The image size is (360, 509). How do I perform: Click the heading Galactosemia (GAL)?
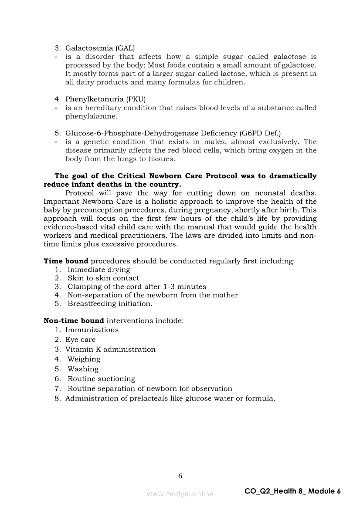(100, 48)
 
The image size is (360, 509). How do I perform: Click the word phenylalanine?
(91, 116)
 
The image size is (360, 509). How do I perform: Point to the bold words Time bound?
(66, 261)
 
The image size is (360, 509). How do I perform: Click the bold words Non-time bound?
(74, 321)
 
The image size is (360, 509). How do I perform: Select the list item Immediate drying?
(98, 270)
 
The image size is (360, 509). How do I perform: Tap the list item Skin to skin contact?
(103, 278)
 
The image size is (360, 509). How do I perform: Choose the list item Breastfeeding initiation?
(110, 303)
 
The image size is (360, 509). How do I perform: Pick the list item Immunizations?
(92, 330)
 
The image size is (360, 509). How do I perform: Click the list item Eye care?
(80, 340)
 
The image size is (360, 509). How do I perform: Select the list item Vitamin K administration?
(110, 350)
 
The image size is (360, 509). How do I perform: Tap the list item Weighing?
(84, 359)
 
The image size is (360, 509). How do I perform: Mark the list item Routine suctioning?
(101, 379)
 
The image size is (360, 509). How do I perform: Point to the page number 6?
(180, 476)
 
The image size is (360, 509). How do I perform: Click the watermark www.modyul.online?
(180, 494)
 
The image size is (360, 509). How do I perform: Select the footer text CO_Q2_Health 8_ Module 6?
(292, 491)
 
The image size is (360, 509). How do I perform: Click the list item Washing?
(83, 369)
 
